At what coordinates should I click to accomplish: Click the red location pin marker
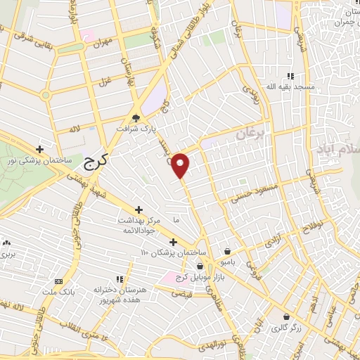(181, 165)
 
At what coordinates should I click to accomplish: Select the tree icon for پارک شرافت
(136, 118)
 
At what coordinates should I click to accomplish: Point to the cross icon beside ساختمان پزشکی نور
(40, 149)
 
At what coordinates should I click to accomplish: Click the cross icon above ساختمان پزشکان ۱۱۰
(173, 242)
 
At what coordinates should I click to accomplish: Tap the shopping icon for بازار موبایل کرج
(202, 266)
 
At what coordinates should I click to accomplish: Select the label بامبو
(228, 262)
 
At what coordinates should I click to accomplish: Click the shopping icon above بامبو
(228, 251)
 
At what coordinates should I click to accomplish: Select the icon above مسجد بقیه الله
(290, 76)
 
